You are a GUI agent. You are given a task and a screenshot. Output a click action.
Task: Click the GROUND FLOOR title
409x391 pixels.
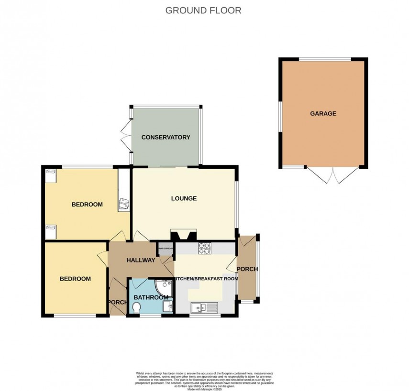coord(203,10)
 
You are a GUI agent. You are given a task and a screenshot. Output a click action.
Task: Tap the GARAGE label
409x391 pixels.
coord(323,114)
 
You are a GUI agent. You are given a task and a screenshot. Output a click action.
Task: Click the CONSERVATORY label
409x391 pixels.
coord(166,137)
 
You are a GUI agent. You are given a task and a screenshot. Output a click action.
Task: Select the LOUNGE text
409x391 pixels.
coord(184,198)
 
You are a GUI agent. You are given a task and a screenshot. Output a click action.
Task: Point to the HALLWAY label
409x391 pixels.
coord(140,261)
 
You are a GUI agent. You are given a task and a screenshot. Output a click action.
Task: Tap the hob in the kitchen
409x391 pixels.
coord(205,248)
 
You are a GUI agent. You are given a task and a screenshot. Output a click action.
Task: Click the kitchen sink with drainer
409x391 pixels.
coord(204,307)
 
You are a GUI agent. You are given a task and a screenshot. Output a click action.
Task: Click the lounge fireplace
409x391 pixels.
coord(183,235)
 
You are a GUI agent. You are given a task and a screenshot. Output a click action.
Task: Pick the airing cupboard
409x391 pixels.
coord(165,250)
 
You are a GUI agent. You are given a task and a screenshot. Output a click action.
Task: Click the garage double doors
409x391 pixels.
coord(332,175)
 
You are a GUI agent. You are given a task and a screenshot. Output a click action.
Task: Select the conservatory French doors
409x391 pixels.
coord(126,135)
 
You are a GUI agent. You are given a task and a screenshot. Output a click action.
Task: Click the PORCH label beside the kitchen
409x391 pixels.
coord(247,269)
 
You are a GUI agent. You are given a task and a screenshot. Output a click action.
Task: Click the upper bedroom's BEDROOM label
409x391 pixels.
coord(87,205)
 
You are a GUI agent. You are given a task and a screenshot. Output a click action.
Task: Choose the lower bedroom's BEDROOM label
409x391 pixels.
coord(75,279)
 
